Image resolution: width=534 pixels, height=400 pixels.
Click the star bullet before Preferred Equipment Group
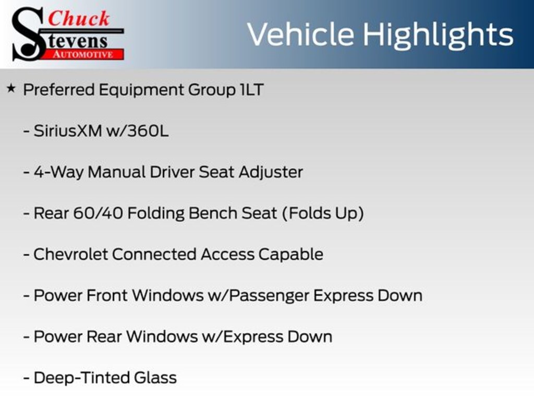11,89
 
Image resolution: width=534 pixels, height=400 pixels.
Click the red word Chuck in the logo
79,18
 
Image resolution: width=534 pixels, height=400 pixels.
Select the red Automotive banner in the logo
83,54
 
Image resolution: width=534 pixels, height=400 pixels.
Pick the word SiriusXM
68,131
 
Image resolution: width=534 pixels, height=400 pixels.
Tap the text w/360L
137,131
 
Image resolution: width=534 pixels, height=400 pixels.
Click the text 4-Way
58,172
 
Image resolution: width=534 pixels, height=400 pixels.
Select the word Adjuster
271,172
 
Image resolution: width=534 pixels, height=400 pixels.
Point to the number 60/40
98,213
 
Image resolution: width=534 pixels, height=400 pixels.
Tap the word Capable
290,255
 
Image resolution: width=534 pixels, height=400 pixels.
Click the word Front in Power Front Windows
107,296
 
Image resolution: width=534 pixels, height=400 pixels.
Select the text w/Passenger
258,296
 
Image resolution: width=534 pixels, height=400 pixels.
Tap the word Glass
155,378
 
